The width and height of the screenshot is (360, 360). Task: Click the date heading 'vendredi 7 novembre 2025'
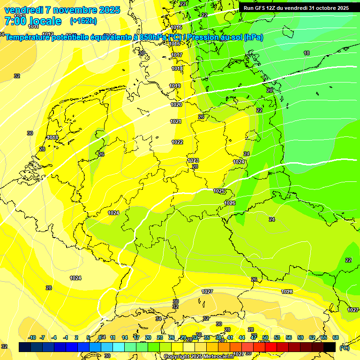(62, 10)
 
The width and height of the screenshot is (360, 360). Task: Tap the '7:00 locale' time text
(33, 21)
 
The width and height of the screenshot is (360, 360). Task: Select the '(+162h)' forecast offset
(83, 21)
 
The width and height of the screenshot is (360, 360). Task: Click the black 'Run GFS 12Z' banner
(296, 8)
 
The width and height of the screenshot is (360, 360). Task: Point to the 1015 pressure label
(176, 28)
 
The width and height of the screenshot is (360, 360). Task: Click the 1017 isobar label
(177, 55)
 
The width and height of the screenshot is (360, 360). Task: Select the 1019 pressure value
(175, 86)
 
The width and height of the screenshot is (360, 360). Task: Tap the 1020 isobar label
(176, 105)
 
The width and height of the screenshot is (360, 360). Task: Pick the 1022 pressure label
(177, 142)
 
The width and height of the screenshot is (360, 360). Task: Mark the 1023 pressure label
(193, 160)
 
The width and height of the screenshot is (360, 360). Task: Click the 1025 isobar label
(219, 191)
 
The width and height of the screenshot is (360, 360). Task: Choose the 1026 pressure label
(230, 203)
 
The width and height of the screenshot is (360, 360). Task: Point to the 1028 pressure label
(287, 292)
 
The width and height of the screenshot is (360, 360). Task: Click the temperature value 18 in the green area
(307, 53)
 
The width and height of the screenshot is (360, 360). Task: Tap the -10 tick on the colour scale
(32, 337)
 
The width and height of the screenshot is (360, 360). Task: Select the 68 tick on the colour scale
(336, 337)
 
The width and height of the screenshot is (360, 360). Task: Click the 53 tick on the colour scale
(277, 337)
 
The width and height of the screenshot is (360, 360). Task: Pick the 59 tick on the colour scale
(300, 337)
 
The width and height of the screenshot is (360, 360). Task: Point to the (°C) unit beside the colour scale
(345, 347)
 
